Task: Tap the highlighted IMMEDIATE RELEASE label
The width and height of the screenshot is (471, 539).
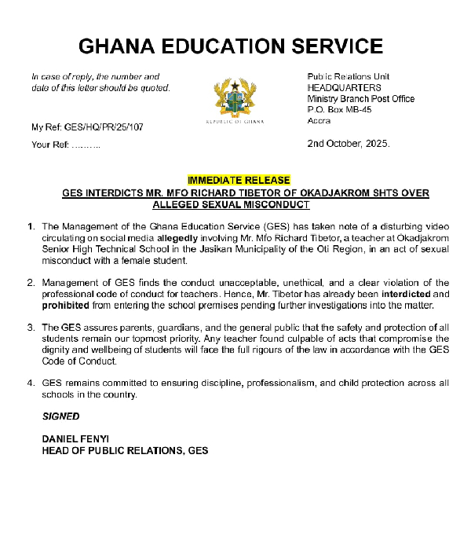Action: point(238,180)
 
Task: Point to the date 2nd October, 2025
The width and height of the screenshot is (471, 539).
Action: point(348,144)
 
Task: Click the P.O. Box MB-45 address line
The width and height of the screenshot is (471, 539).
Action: point(339,110)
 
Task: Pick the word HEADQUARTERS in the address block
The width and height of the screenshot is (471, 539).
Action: point(344,88)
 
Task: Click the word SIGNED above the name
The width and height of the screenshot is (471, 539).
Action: point(60,416)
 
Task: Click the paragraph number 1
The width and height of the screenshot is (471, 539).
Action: point(31,226)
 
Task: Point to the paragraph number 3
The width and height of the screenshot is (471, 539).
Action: point(31,327)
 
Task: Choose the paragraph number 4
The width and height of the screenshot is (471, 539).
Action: point(31,383)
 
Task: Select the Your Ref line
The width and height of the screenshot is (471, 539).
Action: point(65,145)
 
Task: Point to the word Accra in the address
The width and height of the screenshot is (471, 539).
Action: point(319,121)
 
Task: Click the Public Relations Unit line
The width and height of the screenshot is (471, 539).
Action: point(349,77)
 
